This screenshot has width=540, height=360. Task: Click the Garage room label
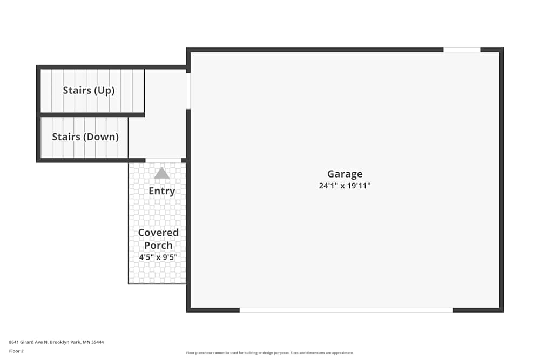(x=345, y=174)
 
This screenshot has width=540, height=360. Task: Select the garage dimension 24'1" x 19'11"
(x=345, y=186)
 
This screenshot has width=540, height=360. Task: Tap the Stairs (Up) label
(x=89, y=90)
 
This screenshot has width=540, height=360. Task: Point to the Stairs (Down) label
(x=85, y=137)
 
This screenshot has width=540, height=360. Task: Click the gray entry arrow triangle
(x=161, y=173)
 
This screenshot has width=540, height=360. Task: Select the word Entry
(x=161, y=191)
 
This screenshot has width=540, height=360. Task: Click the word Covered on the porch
(x=158, y=233)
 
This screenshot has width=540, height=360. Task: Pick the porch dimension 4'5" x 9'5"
(x=158, y=257)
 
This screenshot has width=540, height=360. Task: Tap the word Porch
(x=158, y=245)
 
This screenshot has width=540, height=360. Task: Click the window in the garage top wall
(x=462, y=50)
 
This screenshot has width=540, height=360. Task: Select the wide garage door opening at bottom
(x=346, y=310)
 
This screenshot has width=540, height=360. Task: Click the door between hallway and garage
(x=188, y=91)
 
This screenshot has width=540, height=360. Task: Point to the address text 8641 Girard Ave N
(x=29, y=342)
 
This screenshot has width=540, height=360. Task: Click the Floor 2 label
(x=16, y=351)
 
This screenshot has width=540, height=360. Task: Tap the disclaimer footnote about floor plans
(x=270, y=352)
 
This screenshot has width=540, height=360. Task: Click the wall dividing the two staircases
(x=92, y=114)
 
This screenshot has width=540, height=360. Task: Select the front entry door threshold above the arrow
(x=164, y=160)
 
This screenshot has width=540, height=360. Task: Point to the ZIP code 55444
(x=98, y=342)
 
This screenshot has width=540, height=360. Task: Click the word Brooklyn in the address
(x=60, y=342)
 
